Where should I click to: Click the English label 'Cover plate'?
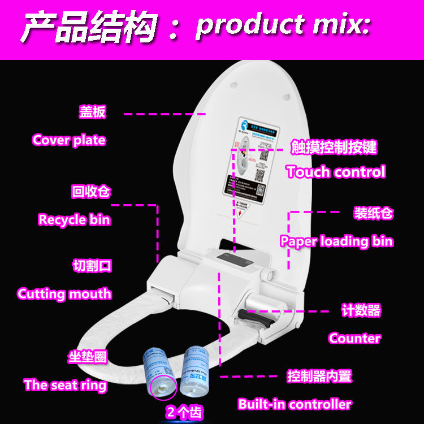[x=69, y=140]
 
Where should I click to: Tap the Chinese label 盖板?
[x=92, y=112]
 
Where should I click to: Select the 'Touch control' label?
[x=336, y=172]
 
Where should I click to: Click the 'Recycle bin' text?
[x=74, y=219]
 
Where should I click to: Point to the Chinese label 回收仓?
[x=90, y=192]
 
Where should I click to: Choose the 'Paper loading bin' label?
[x=336, y=241]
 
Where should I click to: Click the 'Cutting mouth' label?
[x=64, y=294]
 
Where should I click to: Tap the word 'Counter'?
[x=354, y=338]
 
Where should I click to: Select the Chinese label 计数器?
[x=361, y=310]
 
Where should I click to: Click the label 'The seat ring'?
[x=65, y=385]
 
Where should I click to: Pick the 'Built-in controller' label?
[x=295, y=404]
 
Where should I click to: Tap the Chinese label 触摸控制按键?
[x=334, y=148]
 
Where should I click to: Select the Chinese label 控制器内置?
[x=319, y=376]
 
